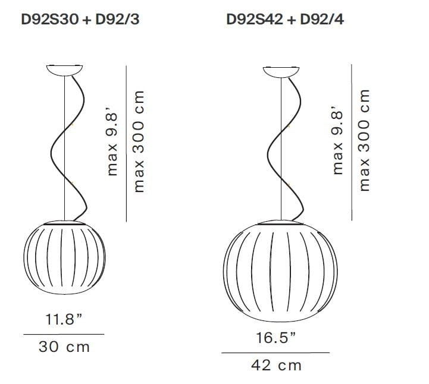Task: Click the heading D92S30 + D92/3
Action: click(80, 20)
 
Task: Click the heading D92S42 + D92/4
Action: click(285, 20)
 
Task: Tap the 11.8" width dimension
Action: click(64, 319)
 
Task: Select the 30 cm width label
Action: click(64, 347)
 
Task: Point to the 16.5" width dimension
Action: click(276, 338)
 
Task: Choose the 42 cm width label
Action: click(276, 366)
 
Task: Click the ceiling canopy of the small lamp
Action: click(65, 70)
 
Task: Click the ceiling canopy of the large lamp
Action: click(281, 72)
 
